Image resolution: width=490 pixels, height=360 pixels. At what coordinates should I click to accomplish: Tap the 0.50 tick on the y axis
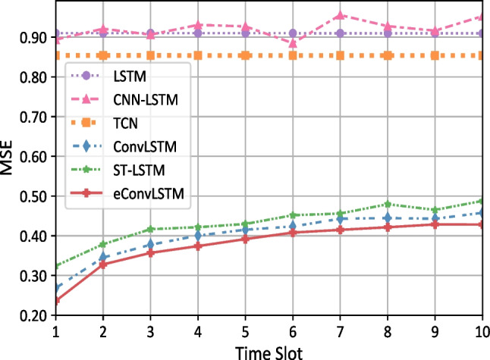[31, 196]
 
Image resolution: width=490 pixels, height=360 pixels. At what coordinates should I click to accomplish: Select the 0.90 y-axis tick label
[31, 38]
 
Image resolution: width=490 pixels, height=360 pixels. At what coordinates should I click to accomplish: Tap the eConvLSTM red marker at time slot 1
[55, 300]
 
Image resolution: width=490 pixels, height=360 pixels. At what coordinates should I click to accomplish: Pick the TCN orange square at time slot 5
[245, 55]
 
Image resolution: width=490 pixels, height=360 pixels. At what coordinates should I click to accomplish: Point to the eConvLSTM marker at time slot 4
[198, 246]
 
